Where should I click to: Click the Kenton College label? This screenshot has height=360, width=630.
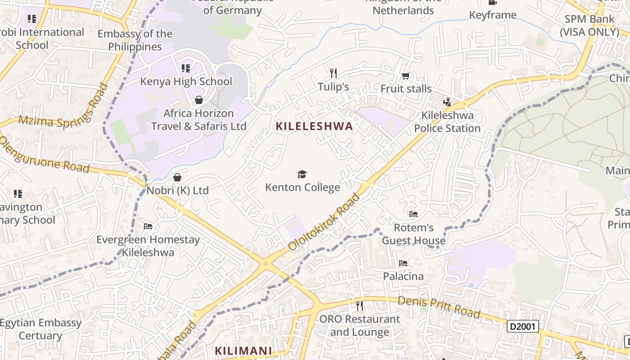tap(302, 187)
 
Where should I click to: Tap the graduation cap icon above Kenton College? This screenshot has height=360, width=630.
tap(302, 174)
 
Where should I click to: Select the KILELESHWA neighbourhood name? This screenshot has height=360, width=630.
tap(314, 126)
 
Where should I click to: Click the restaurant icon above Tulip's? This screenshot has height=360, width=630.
tap(333, 73)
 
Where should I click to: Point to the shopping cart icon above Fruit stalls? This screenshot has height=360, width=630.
tap(405, 76)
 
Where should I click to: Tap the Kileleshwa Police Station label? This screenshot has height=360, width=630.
tap(447, 122)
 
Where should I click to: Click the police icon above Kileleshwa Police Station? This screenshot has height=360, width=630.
tap(447, 102)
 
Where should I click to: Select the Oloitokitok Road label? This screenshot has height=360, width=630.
tap(325, 222)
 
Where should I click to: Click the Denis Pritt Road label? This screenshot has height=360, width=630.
tap(439, 307)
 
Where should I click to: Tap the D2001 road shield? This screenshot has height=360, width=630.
tap(523, 326)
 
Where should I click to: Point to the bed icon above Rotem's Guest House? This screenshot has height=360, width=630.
tap(414, 214)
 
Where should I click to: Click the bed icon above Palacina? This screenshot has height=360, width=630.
tap(403, 263)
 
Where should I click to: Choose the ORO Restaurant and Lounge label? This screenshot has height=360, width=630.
tap(360, 325)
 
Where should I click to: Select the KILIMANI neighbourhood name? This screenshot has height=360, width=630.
tap(243, 351)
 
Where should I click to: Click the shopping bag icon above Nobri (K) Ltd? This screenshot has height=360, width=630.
tap(177, 177)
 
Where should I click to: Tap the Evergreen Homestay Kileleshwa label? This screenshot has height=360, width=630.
tap(148, 246)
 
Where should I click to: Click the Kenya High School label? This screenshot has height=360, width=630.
tap(186, 81)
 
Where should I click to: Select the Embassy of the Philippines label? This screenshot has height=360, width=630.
tap(135, 40)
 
